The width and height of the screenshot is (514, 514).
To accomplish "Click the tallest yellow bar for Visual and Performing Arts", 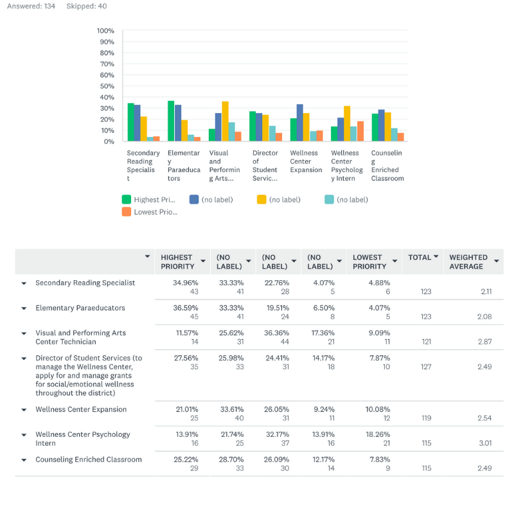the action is (x=226, y=121).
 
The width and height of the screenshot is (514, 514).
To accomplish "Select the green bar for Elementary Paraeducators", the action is (x=171, y=121).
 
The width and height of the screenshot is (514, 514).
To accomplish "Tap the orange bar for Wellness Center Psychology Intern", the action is (x=360, y=131).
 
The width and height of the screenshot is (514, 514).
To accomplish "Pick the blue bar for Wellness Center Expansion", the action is (x=299, y=123).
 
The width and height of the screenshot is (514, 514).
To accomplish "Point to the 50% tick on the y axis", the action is (x=107, y=86).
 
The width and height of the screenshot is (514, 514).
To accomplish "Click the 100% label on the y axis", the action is (x=105, y=31).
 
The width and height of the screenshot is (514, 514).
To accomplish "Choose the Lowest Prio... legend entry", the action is (x=150, y=212).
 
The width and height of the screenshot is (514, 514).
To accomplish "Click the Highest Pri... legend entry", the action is (x=148, y=199).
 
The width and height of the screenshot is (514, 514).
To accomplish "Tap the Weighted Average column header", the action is (x=468, y=261).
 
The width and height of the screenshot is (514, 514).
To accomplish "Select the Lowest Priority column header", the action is (x=369, y=261).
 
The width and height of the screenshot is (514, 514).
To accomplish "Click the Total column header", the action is (x=420, y=258).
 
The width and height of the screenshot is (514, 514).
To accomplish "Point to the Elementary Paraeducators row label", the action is (x=80, y=308).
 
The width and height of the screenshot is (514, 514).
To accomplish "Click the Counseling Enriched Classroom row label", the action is (x=89, y=459).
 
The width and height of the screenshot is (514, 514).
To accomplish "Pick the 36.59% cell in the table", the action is (x=186, y=308).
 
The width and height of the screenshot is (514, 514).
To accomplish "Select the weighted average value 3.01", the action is (x=485, y=443).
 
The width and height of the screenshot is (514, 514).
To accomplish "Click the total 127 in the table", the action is (x=426, y=366).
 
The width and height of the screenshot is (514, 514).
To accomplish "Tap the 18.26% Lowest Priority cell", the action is (x=378, y=434).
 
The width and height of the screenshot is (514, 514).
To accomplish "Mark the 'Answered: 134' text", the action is (x=31, y=6).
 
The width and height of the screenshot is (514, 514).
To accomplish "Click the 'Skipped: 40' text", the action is (x=87, y=6).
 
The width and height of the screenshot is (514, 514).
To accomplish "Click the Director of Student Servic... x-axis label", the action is (x=265, y=166).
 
